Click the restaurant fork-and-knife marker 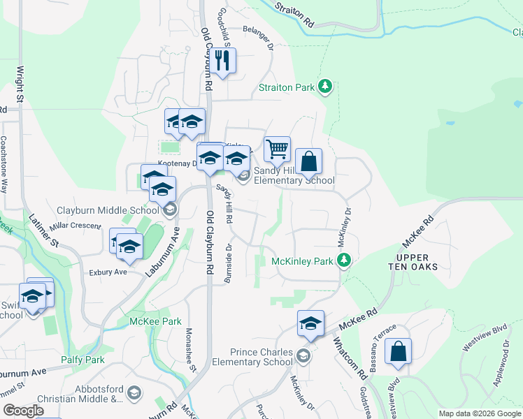[224, 61]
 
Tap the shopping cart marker [278, 148]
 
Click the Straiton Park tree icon [324, 87]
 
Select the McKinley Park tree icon [343, 260]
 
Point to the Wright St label [20, 84]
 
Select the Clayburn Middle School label [108, 210]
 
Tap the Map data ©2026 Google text [480, 413]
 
